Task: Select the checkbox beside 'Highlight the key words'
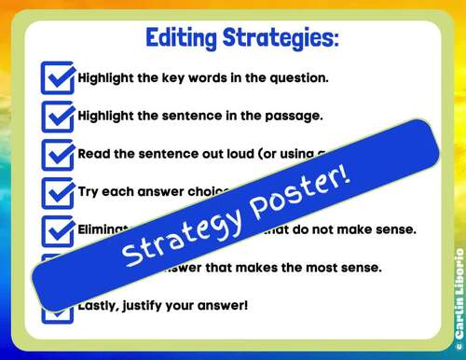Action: pos(58,77)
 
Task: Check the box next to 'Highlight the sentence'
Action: pos(58,116)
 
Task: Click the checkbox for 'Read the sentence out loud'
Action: pos(58,154)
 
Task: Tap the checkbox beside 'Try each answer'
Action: pos(58,192)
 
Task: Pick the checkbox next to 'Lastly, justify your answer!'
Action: pos(58,306)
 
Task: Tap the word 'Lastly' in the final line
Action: pos(100,305)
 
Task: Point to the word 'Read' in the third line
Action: pos(94,154)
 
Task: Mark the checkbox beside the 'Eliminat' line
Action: pos(58,230)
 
